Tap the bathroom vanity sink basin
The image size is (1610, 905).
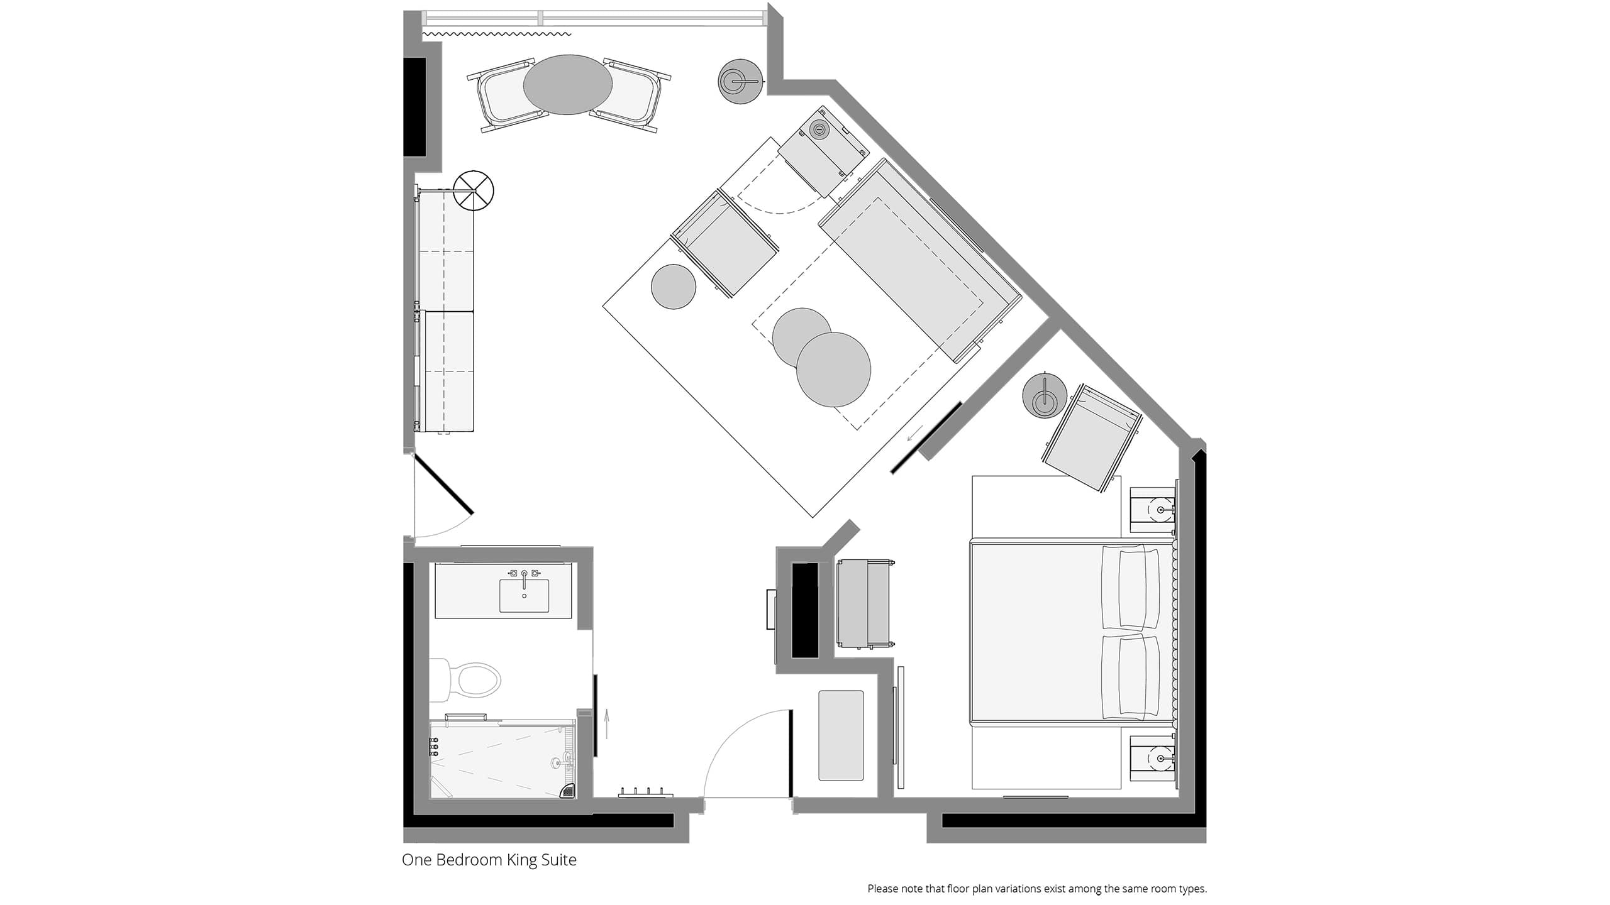click(x=524, y=595)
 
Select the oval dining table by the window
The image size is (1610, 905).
click(x=567, y=85)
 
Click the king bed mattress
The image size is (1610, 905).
click(x=1069, y=632)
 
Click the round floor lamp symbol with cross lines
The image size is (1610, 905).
click(x=474, y=190)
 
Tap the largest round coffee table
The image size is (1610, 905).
click(x=833, y=369)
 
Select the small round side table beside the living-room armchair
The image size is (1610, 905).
click(x=674, y=287)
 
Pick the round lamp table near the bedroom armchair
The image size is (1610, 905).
click(x=1045, y=397)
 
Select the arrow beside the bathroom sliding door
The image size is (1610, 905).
click(x=607, y=723)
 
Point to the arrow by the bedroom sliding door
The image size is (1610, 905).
click(x=915, y=433)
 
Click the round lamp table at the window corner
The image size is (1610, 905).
click(x=741, y=81)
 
